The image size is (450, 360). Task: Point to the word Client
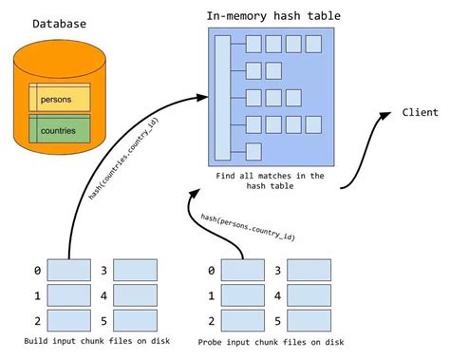tap(419, 112)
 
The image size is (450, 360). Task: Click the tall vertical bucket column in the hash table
tap(222, 96)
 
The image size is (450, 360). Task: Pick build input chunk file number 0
tap(69, 271)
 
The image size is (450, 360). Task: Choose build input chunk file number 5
tap(136, 318)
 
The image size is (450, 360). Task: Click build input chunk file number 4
tap(136, 294)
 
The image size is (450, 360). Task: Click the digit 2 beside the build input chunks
tap(37, 319)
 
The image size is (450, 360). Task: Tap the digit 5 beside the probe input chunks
tap(275, 319)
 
